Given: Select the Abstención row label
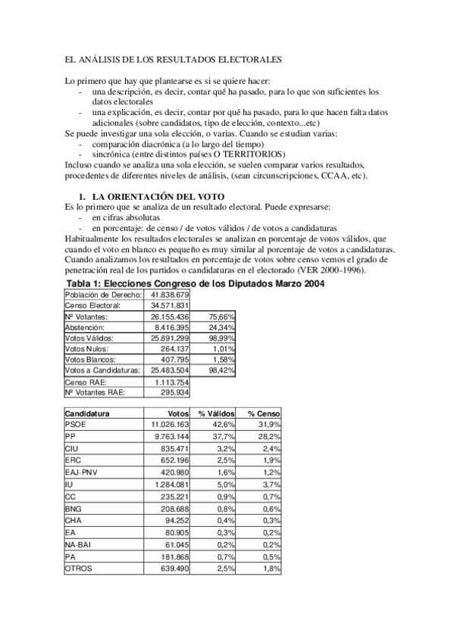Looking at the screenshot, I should coord(84,327).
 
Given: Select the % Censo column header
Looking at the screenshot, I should coord(263,414).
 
